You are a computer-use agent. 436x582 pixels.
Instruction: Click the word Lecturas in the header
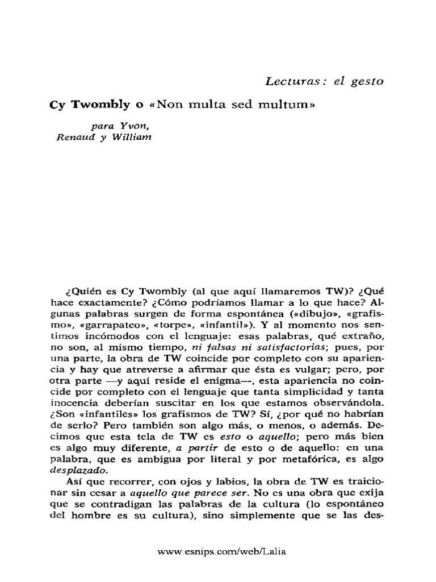292,81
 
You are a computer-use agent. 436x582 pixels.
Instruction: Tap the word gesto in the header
367,81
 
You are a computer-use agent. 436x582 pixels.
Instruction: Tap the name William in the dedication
130,136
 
